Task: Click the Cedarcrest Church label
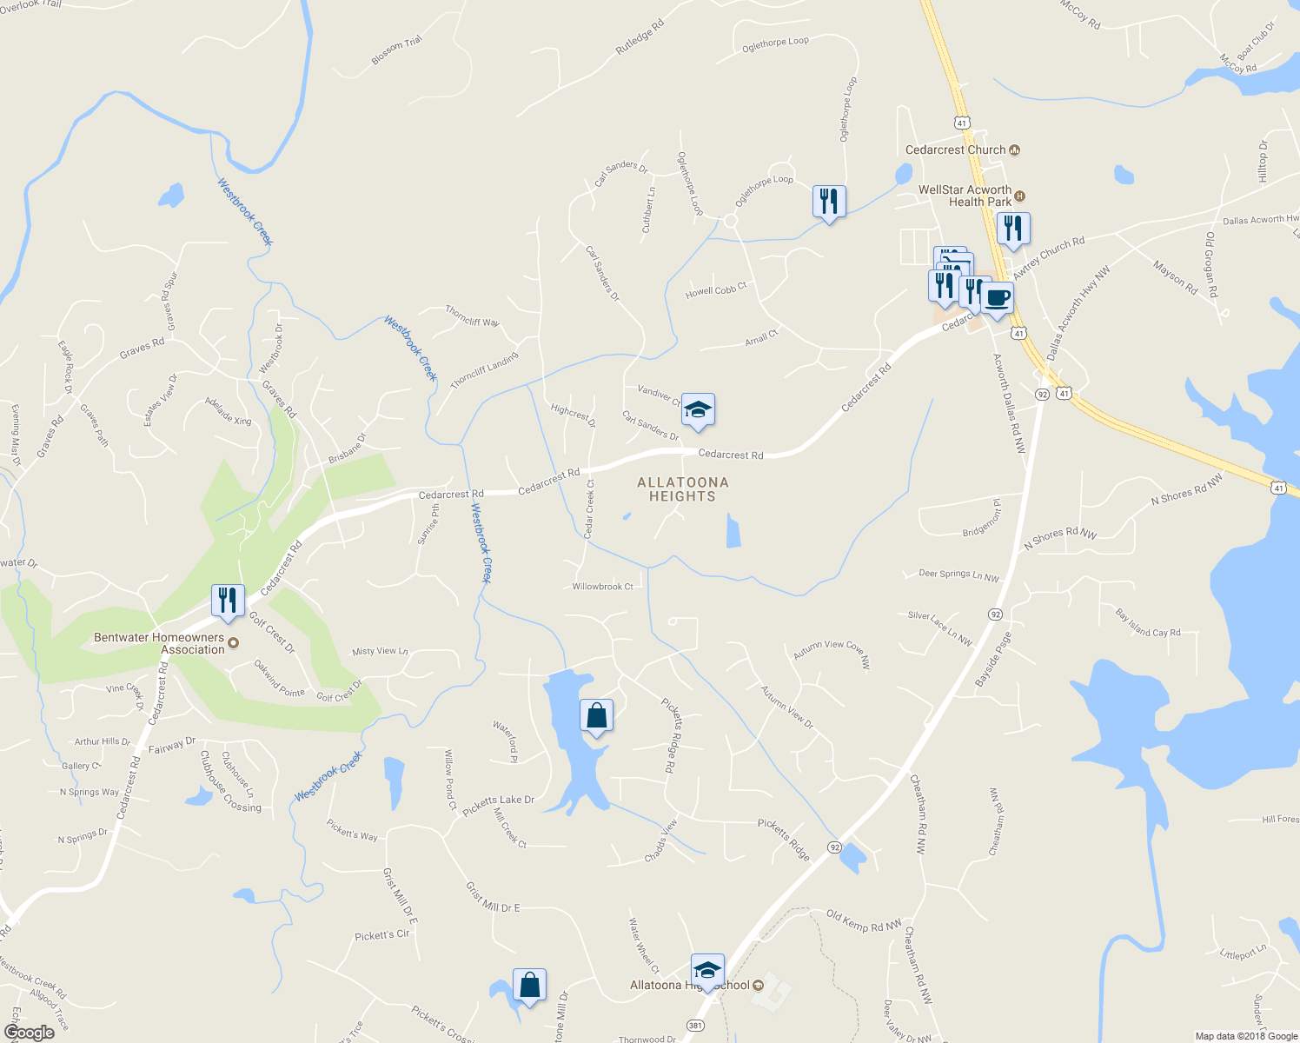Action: [x=955, y=150]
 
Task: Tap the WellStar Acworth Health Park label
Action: [x=965, y=196]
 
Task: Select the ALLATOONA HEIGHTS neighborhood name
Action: [x=682, y=489]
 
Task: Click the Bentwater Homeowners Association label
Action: [x=159, y=643]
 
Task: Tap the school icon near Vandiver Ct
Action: [x=698, y=409]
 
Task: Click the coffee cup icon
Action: [x=997, y=298]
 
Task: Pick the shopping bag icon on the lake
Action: [x=596, y=716]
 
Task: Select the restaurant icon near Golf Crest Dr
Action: [x=227, y=601]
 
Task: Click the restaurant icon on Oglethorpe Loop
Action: [x=829, y=202]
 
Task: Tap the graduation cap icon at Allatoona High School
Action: [x=707, y=970]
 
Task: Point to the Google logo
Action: [x=29, y=1032]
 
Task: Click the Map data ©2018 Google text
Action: [x=1245, y=1036]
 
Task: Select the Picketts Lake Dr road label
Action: [x=498, y=805]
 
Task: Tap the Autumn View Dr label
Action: [x=787, y=707]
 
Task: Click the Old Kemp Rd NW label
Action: [x=864, y=921]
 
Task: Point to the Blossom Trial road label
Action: [x=396, y=50]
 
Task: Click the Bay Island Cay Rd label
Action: [x=1148, y=623]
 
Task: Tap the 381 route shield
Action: [x=695, y=1025]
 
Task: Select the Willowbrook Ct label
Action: [x=602, y=587]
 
